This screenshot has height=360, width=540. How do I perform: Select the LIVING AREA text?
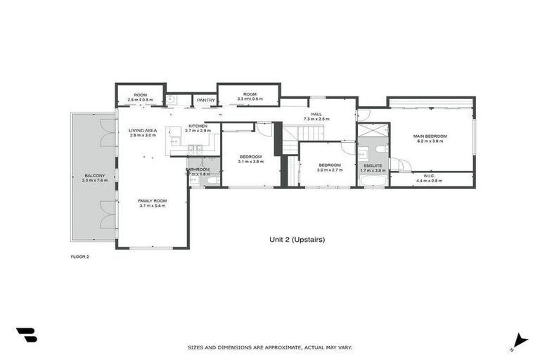142,130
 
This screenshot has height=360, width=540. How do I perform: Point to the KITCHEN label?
198,126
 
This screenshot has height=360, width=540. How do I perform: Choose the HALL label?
316,114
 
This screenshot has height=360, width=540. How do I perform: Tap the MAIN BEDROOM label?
430,136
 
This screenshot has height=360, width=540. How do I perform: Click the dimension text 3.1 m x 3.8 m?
250,161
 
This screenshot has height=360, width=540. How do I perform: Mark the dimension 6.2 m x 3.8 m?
430,141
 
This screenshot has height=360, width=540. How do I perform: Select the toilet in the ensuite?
380,149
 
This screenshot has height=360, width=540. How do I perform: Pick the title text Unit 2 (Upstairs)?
297,239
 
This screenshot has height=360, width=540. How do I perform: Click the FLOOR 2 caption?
80,257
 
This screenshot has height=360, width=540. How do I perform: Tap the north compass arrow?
520,340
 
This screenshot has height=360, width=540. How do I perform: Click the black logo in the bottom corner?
27,335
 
